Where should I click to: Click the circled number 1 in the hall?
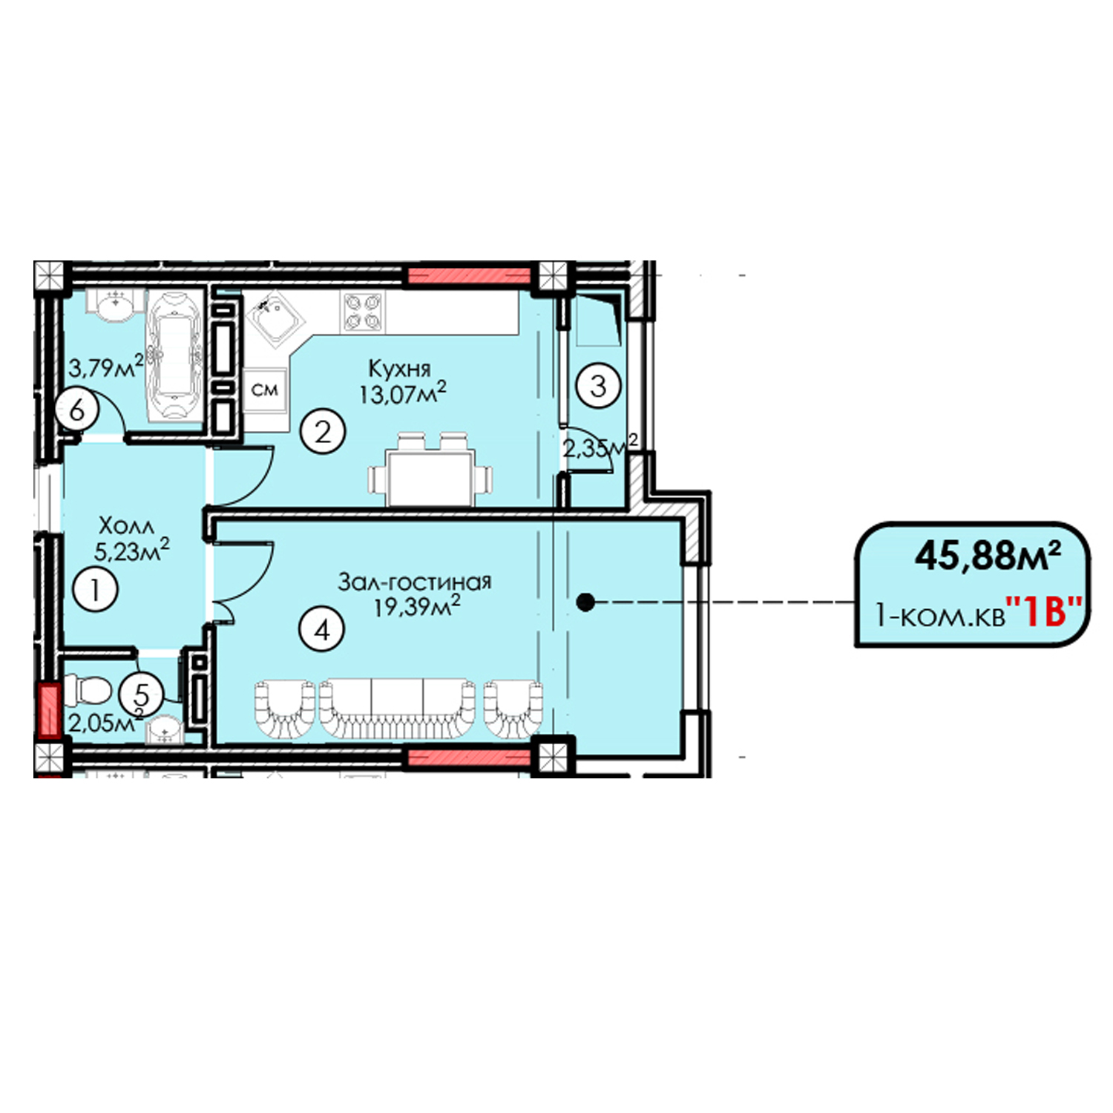(96, 590)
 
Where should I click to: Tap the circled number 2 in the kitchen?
(323, 431)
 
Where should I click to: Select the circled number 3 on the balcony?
(598, 385)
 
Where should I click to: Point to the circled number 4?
(322, 630)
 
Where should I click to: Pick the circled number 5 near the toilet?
(141, 695)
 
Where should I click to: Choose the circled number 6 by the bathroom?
(78, 409)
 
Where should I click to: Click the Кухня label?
(399, 369)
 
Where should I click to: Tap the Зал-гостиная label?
(415, 581)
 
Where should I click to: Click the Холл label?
(127, 526)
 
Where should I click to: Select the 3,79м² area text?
(105, 367)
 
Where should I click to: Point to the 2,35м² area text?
(600, 447)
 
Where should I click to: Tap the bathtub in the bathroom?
(175, 355)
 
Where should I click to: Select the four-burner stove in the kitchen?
(364, 312)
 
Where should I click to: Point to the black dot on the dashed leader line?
(585, 603)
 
